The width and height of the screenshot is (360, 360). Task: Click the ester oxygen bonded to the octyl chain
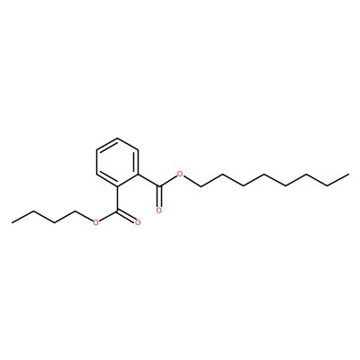180,175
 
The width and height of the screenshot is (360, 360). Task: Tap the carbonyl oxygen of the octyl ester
159,211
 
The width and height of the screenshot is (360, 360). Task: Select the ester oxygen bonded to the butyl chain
95,222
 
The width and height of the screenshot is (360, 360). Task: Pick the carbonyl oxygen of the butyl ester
138,222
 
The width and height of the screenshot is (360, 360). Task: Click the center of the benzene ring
118,162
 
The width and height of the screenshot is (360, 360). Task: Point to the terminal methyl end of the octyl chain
348,174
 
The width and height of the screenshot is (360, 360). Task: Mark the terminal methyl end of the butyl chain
12,222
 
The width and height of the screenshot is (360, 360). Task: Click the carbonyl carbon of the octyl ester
159,186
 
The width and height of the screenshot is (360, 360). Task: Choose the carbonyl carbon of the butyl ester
118,211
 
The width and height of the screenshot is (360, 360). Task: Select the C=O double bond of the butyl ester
127,216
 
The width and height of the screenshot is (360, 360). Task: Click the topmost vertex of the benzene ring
118,138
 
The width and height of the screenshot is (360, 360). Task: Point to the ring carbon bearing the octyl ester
139,174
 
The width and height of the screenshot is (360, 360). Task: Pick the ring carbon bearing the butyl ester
118,186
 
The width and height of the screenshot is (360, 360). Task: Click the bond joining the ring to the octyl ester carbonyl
148,180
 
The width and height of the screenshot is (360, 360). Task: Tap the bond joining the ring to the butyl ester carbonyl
118,198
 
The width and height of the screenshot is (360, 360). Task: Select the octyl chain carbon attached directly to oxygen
201,186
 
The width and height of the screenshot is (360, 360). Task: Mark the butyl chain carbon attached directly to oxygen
75,211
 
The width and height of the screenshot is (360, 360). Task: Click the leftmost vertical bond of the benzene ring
97,162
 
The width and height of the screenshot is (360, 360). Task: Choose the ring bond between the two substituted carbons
128,180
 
